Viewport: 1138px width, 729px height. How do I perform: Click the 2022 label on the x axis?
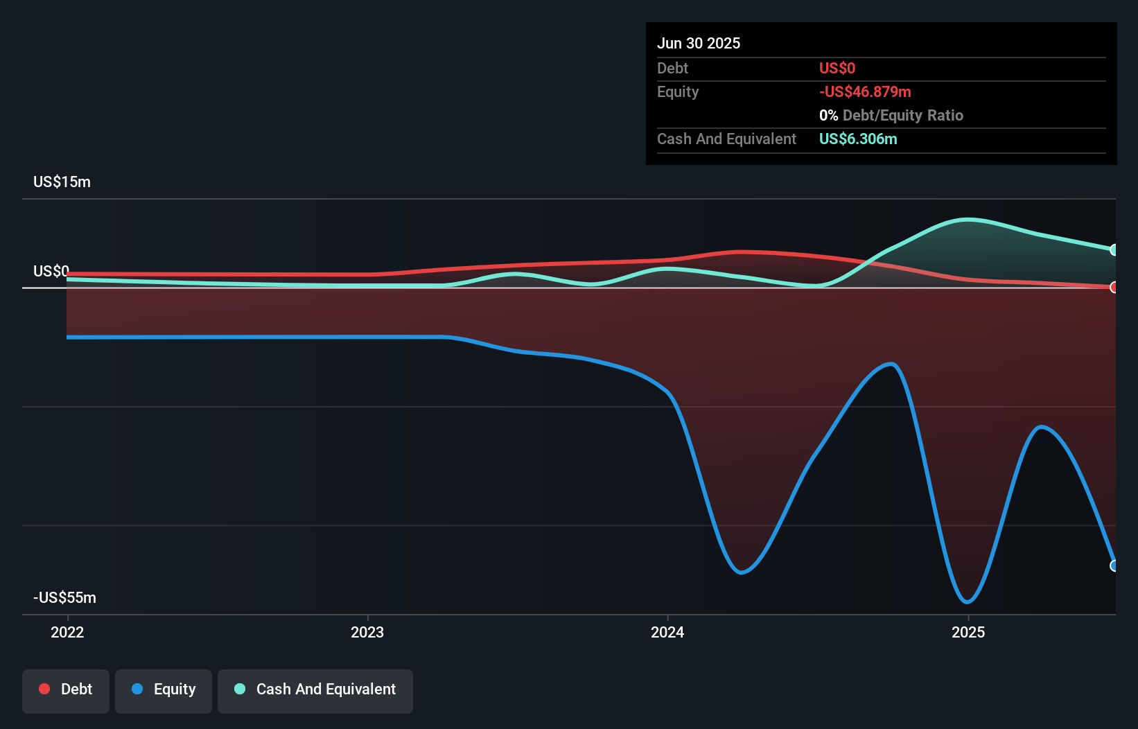(67, 632)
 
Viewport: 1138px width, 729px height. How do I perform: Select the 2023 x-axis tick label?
(367, 632)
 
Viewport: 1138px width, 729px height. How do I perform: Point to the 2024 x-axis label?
(667, 632)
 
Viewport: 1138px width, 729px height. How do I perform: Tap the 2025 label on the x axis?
(968, 632)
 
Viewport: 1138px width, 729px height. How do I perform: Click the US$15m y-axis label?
(62, 182)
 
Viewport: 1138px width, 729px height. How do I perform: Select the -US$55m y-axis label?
(64, 597)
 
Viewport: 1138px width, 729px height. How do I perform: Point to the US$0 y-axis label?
(51, 271)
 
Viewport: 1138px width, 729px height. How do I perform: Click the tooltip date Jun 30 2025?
(699, 43)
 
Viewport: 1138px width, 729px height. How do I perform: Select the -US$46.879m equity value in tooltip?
(865, 91)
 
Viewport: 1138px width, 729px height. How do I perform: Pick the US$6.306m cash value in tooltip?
(858, 139)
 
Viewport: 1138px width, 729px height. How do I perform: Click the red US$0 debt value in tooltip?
(837, 68)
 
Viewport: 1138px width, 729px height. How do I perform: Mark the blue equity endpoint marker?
(1114, 565)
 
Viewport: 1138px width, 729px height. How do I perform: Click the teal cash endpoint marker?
(1114, 249)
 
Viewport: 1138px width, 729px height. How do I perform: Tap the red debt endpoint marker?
(1114, 287)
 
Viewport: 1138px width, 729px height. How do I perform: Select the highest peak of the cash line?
(968, 220)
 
